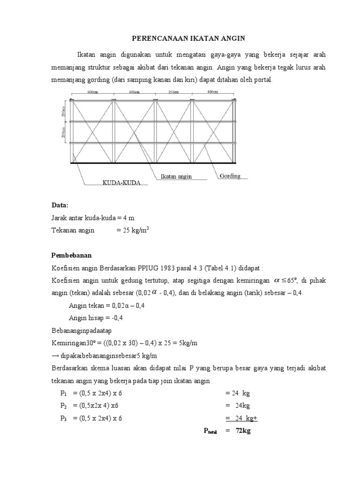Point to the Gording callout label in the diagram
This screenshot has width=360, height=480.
[229, 176]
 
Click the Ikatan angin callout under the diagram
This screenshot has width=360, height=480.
[176, 177]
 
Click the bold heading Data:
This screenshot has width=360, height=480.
[60, 205]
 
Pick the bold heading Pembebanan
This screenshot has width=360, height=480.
[71, 255]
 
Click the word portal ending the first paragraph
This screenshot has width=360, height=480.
[262, 80]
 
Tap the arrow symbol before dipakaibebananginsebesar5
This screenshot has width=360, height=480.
[54, 356]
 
